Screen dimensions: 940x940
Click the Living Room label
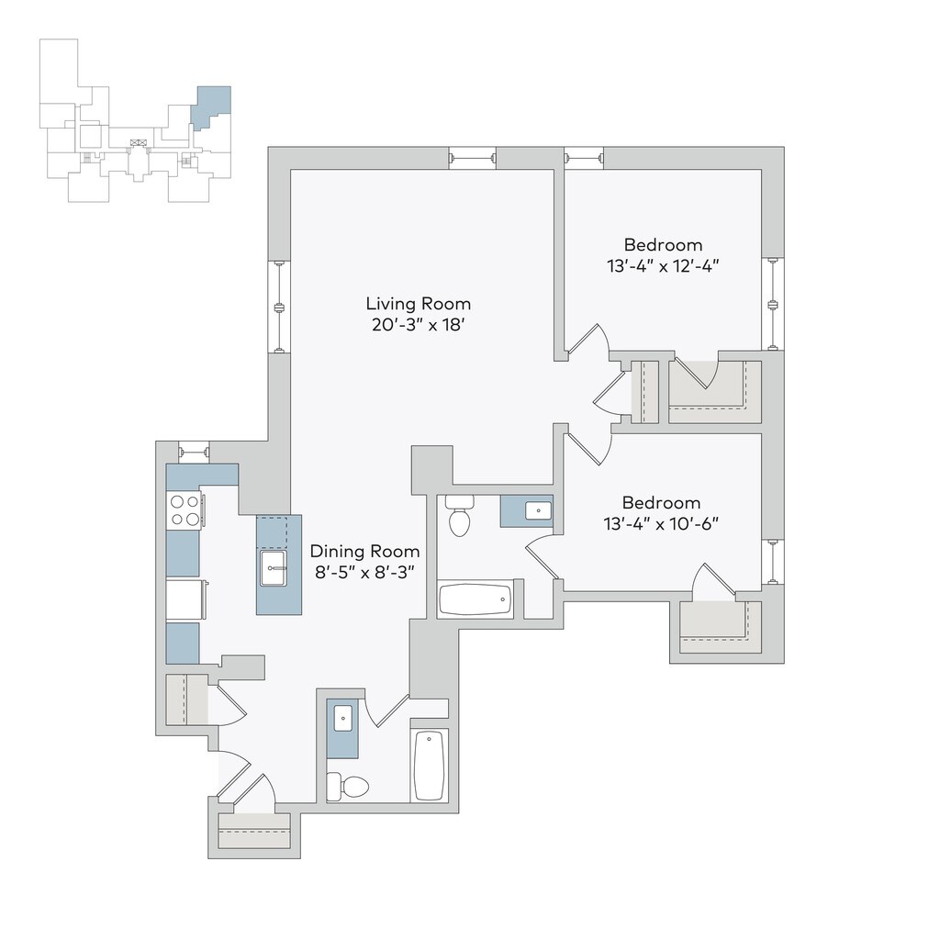tap(418, 304)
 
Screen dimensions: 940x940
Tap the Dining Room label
tap(364, 552)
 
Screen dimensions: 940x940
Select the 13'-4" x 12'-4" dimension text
tap(663, 267)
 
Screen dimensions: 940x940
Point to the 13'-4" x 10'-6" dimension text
tap(661, 524)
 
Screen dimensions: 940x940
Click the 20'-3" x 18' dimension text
tap(418, 325)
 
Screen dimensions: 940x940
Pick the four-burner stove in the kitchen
tap(184, 510)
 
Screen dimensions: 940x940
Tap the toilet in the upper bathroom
tap(458, 516)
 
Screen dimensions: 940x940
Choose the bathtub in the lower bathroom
tap(430, 766)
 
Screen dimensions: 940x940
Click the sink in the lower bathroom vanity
tap(343, 717)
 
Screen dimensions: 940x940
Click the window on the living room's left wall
tap(279, 307)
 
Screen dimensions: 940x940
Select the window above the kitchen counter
tap(194, 452)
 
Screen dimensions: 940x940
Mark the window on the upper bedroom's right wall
tap(773, 304)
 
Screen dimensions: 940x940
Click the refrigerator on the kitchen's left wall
tap(184, 600)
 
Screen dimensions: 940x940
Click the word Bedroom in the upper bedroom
tap(663, 245)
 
